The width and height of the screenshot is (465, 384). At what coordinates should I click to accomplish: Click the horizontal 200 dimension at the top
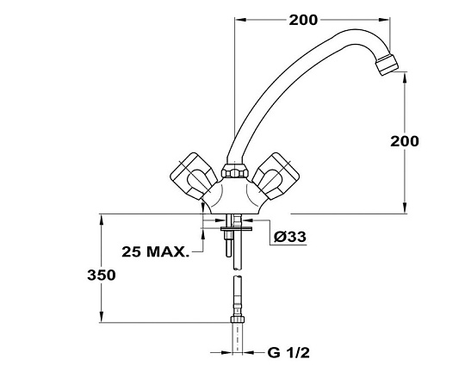pos(303,20)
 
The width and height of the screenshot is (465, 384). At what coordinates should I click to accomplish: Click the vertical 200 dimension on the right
pos(405,141)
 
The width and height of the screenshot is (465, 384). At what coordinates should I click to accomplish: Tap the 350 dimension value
pos(102,276)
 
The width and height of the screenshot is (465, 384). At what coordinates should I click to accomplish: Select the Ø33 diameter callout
pos(289,237)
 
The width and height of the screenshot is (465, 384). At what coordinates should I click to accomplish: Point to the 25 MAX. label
pos(155,251)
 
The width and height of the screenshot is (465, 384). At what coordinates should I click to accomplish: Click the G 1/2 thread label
pos(288,352)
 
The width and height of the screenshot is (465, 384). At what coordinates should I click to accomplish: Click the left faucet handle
pos(195,177)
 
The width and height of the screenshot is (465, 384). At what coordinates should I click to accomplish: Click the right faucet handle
pos(275,177)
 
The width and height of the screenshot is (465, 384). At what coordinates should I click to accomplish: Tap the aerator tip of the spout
pos(387,64)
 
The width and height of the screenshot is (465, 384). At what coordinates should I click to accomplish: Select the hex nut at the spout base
pos(235,171)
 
